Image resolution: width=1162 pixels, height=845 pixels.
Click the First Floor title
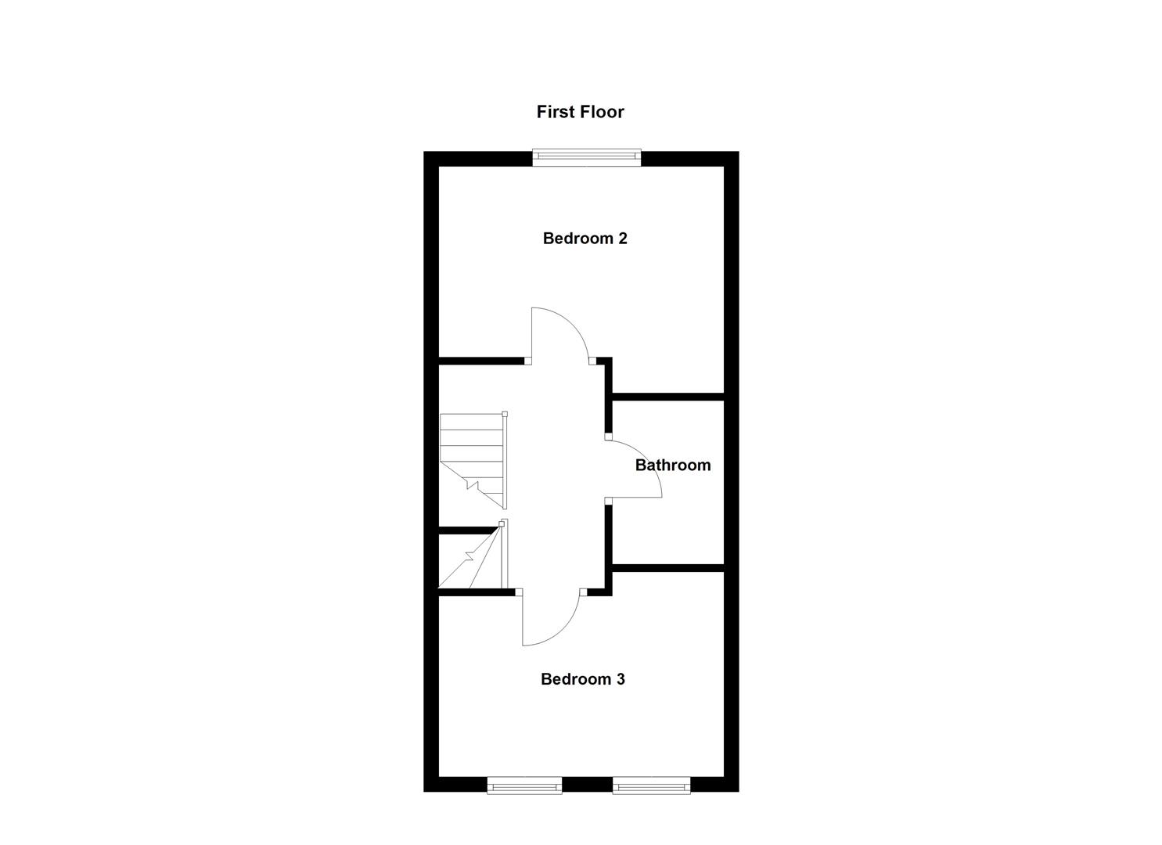580,112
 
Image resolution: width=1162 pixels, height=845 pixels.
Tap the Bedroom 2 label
585,239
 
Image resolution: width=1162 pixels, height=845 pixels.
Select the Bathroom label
673,466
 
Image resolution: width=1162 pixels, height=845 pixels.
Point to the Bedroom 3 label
582,679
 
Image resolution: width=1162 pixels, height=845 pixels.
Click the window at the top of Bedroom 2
587,158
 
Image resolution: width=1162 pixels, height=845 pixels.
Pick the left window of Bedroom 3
524,784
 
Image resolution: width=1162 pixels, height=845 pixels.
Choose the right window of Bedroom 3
651,784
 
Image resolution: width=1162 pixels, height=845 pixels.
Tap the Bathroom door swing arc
646,462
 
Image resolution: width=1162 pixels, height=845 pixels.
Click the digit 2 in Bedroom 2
623,239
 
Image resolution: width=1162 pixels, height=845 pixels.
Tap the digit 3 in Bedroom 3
621,679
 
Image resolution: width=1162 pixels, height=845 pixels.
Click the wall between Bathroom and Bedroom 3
667,567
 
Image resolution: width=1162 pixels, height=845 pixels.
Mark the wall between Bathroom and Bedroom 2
667,397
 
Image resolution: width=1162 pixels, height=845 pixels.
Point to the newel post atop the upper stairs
505,414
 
